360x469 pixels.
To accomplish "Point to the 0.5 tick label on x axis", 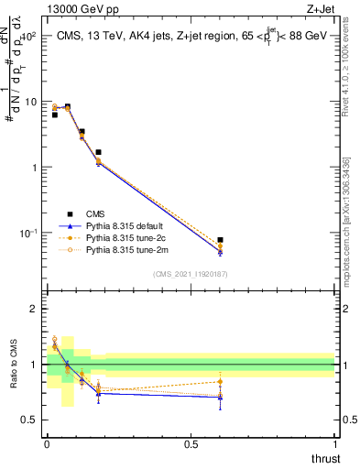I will pyautogui.click(x=190, y=443).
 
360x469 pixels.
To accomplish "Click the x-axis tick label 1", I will pyautogui.click(x=334, y=443).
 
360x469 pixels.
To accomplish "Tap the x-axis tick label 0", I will pyautogui.click(x=46, y=443).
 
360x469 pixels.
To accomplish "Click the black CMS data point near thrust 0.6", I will pyautogui.click(x=220, y=240).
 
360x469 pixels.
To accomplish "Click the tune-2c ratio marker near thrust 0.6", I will pyautogui.click(x=220, y=382).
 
